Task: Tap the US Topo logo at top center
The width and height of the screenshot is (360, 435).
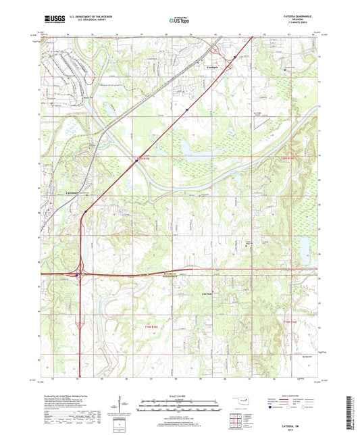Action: click(180, 22)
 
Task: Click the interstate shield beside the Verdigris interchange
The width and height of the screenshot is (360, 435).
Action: click(234, 58)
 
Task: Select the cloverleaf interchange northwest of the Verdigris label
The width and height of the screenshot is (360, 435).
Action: click(215, 50)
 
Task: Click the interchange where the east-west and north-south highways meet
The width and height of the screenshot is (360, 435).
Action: click(78, 274)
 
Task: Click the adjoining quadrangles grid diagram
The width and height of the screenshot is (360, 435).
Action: click(236, 421)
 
